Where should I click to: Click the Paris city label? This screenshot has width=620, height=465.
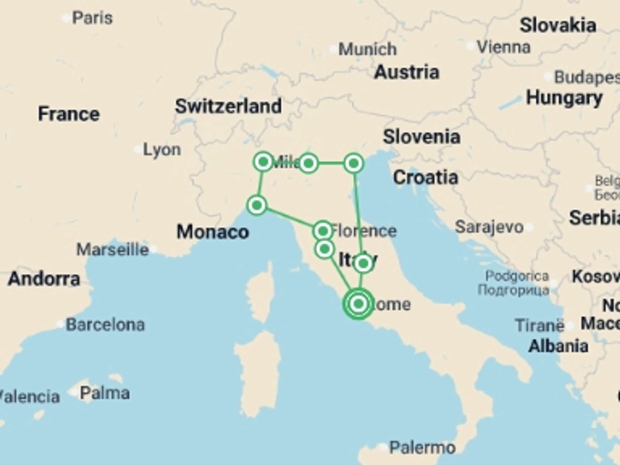[92, 18]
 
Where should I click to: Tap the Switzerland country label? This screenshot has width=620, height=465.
[228, 106]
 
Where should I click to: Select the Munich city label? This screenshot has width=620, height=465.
[367, 49]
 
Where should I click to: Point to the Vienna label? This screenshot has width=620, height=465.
[504, 47]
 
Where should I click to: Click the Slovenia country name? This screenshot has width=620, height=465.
[421, 137]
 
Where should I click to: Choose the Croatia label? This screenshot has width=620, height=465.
[425, 177]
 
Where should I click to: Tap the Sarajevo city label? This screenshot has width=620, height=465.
[489, 227]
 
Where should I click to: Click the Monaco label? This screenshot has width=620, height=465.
[213, 232]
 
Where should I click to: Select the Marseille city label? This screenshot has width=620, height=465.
[112, 250]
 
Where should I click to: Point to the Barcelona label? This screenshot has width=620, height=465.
[105, 325]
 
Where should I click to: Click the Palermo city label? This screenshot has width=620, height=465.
[422, 448]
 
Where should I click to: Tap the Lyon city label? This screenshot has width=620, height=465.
[162, 150]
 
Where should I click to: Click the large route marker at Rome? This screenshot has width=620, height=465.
[358, 304]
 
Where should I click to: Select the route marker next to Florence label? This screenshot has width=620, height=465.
[323, 231]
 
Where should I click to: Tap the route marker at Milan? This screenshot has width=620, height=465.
[263, 161]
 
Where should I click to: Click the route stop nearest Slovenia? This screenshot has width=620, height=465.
[354, 163]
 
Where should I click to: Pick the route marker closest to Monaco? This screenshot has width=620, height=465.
[257, 205]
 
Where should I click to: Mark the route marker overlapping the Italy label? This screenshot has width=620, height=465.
[363, 263]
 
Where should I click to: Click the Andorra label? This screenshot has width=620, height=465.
[44, 279]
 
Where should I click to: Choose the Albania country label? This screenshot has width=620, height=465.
[558, 346]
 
